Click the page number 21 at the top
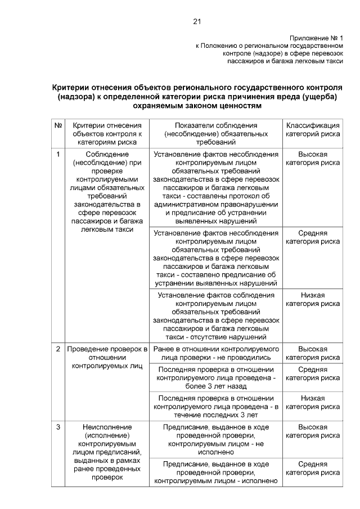(x=196, y=21)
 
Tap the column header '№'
(x=58, y=125)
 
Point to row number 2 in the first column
(x=58, y=349)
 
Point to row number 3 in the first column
(x=58, y=427)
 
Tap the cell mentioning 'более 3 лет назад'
(x=216, y=378)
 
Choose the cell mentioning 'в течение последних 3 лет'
(x=216, y=407)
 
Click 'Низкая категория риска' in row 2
(x=312, y=402)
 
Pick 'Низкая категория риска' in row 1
(x=312, y=299)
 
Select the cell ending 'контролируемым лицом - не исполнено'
(x=216, y=439)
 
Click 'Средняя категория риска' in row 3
(x=312, y=469)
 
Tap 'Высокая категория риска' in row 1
(x=312, y=158)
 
